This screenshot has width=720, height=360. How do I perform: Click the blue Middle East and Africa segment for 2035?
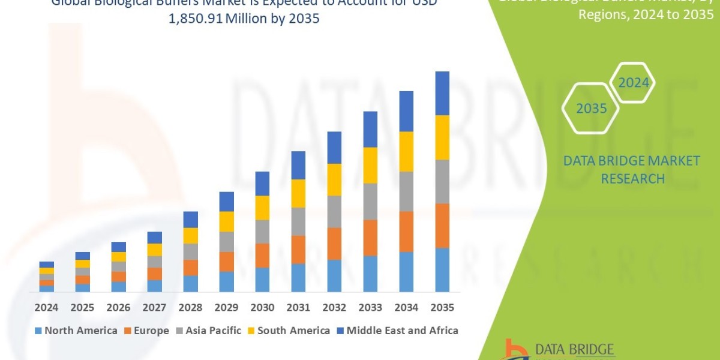442,93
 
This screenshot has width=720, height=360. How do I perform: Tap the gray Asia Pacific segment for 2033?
370,201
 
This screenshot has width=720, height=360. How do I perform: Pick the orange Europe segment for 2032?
334,243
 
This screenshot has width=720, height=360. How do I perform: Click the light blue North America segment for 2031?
298,277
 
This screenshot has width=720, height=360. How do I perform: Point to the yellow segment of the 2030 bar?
262,208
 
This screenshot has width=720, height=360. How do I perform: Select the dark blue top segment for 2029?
226,202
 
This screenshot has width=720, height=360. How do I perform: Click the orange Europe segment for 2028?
190,267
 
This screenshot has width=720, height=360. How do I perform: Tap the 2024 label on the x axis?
46,308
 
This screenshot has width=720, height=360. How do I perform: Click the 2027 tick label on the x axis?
154,308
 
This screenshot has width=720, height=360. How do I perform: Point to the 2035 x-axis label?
442,308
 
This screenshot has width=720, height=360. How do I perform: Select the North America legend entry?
76,331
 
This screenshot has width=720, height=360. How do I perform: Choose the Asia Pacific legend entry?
208,331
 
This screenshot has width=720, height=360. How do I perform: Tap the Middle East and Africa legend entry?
397,331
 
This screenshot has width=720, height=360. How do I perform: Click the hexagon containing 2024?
634,83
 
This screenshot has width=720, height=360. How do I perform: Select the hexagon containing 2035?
591,109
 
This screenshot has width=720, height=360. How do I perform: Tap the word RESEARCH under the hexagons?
632,179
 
